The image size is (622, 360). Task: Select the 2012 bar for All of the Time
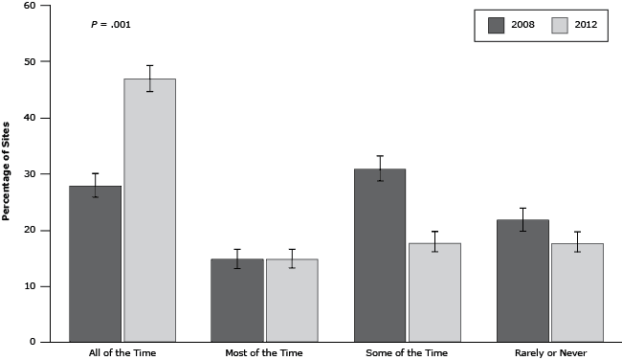(x=149, y=211)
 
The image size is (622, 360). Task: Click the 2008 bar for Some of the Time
(x=379, y=255)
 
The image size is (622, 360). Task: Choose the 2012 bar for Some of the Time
(x=433, y=292)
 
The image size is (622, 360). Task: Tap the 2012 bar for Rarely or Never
(x=576, y=292)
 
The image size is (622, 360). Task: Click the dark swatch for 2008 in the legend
(x=497, y=25)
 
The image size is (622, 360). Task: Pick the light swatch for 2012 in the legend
(x=561, y=25)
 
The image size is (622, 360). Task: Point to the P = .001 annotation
(x=110, y=24)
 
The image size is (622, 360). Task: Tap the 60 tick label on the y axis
(x=30, y=6)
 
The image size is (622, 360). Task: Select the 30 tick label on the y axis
(x=30, y=173)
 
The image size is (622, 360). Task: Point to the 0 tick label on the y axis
(x=33, y=342)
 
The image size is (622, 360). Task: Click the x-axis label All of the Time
(x=122, y=353)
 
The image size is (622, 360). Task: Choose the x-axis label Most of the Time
(x=264, y=353)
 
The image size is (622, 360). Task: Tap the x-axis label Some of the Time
(x=407, y=353)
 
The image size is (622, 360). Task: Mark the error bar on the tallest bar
(x=149, y=79)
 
